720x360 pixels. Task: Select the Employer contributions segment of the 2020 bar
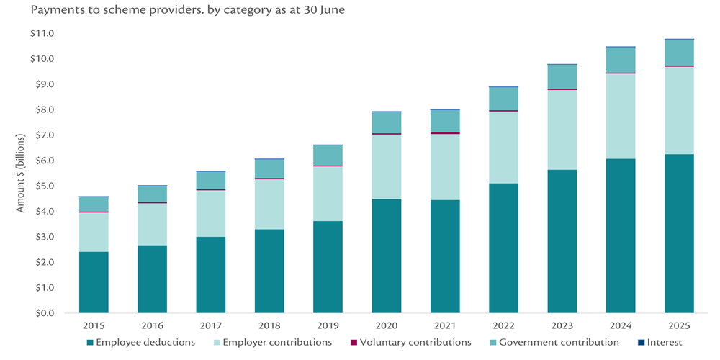point(387,166)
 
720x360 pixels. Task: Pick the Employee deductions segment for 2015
point(94,282)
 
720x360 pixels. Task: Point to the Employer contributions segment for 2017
point(211,213)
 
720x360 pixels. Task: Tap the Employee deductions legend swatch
point(90,343)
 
